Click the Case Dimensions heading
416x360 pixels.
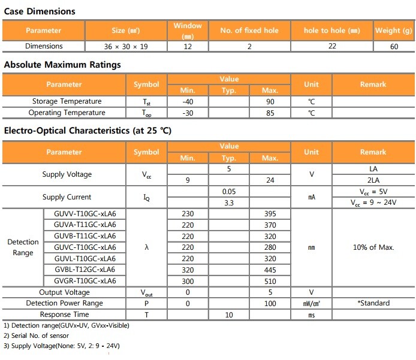[40, 11]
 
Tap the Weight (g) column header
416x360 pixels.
[394, 31]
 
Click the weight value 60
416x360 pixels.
[394, 47]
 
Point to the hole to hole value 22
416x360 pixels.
[332, 47]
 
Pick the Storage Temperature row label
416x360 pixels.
[67, 101]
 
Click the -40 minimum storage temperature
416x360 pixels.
[187, 101]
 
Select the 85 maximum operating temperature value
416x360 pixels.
[270, 113]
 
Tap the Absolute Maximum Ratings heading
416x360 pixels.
[62, 65]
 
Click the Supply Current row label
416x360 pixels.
[67, 197]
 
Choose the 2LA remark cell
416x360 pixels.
[373, 180]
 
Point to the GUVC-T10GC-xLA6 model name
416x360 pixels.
[85, 247]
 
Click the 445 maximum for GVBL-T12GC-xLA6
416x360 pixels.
[270, 270]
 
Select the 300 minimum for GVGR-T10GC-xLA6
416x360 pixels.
[187, 281]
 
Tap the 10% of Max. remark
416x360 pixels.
[373, 247]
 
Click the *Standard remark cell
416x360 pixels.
[373, 303]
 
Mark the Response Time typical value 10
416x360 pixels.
[228, 314]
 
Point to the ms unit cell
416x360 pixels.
[311, 314]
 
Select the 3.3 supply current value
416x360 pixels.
[228, 203]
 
